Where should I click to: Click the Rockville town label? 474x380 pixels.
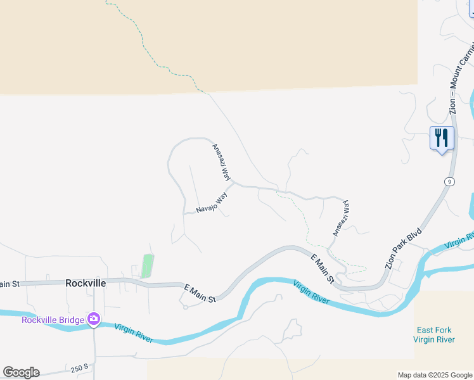pos(86,283)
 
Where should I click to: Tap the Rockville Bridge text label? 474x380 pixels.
pos(53,320)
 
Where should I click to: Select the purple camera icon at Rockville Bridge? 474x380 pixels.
pos(94,320)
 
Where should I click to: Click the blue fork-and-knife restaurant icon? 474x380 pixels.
pos(442,138)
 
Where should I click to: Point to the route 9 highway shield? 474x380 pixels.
pos(449,182)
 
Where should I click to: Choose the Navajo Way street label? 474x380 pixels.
pos(211,205)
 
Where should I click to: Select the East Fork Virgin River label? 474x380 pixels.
pos(434,335)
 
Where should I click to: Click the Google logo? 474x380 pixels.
pos(21,372)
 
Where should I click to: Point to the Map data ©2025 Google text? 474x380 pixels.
pos(435,375)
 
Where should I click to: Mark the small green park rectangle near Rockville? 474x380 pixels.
pos(147,265)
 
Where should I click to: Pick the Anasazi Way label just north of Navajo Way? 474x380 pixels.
pos(221,161)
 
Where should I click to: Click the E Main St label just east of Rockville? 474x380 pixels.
pos(200,292)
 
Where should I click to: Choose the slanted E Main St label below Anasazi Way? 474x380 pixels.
pos(323,269)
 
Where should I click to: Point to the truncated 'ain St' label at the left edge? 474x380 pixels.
pos(10,284)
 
